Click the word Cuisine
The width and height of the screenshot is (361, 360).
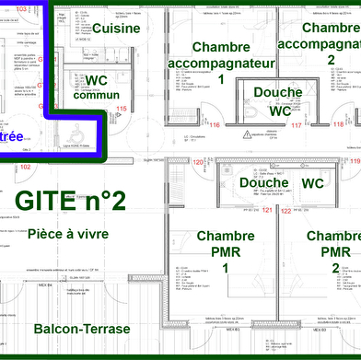[115, 29]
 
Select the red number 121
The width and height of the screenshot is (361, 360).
[267, 211]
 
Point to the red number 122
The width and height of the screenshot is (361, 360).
[285, 211]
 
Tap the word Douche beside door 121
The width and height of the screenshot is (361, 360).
[238, 183]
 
